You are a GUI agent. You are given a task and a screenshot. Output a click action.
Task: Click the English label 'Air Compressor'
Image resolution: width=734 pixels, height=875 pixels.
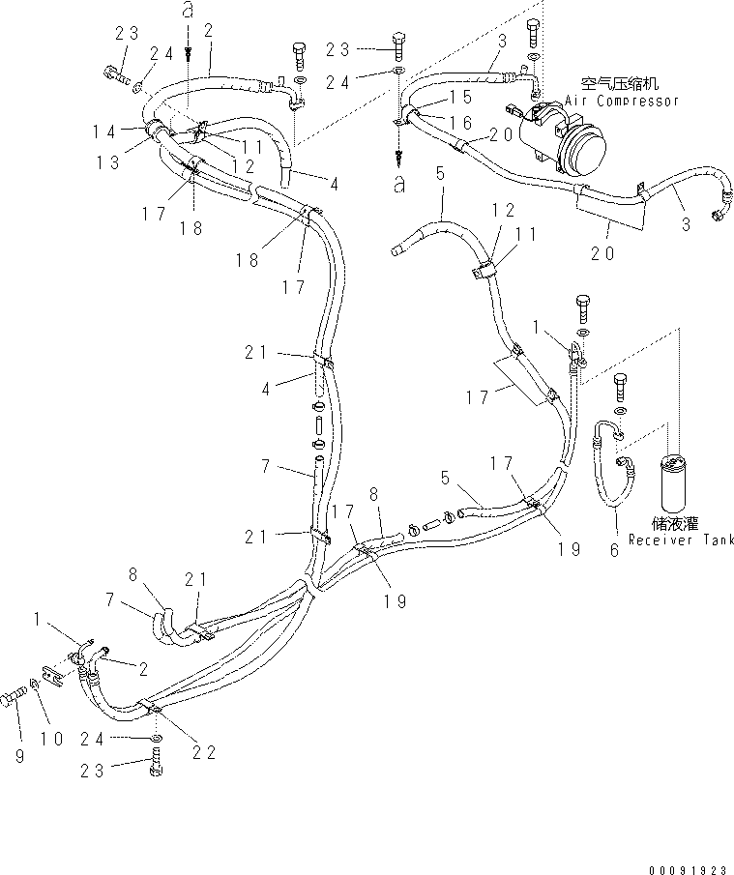[x=622, y=101]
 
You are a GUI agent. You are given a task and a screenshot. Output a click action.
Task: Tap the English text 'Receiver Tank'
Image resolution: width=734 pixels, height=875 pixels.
[x=680, y=540]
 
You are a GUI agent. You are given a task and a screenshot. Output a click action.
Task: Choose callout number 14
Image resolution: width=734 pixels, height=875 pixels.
[x=106, y=131]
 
